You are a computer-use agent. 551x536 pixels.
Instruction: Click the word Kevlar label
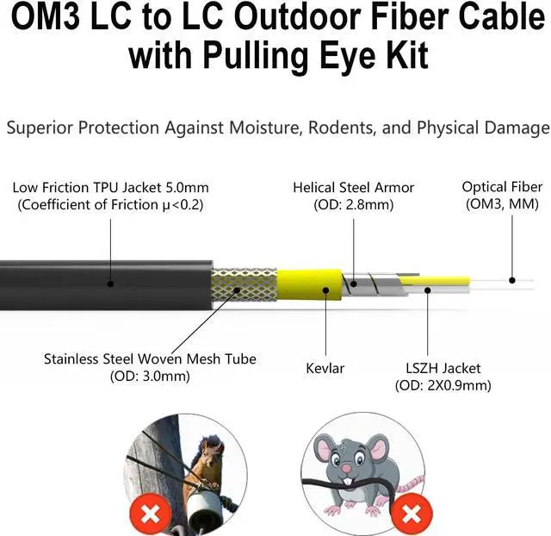point(325,368)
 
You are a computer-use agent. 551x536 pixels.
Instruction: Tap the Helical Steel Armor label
point(353,187)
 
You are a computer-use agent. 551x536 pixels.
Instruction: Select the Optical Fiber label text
point(502,187)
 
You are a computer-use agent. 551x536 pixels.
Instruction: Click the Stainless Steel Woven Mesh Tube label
point(150,358)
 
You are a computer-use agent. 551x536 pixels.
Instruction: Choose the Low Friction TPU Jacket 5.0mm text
point(110,187)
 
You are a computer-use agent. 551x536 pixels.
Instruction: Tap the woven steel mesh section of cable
point(245,284)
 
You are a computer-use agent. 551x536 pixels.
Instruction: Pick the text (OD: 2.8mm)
point(353,205)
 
